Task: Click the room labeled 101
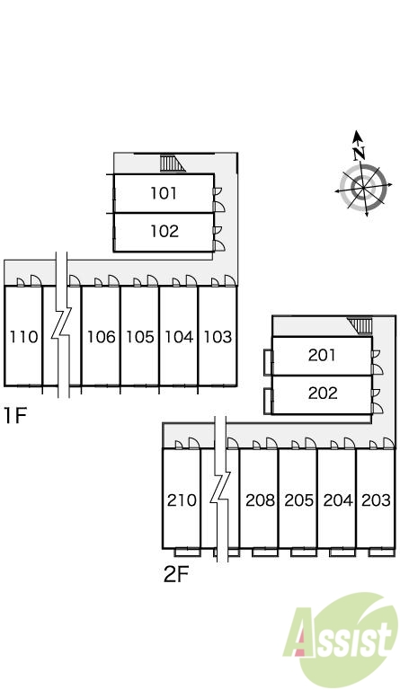click(x=164, y=193)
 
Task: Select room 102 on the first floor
click(x=164, y=232)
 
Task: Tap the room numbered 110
click(x=23, y=336)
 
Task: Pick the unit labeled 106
click(x=101, y=336)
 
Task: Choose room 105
click(x=140, y=336)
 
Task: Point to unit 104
click(x=179, y=336)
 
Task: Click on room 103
click(x=218, y=336)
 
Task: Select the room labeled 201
click(x=322, y=356)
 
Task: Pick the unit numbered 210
click(x=182, y=499)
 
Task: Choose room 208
click(x=260, y=499)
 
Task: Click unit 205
click(x=298, y=499)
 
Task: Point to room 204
click(x=337, y=499)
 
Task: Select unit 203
click(x=376, y=499)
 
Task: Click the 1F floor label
click(x=15, y=415)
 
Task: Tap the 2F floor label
click(x=176, y=574)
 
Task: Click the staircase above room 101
click(x=172, y=164)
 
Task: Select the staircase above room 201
click(x=360, y=326)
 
